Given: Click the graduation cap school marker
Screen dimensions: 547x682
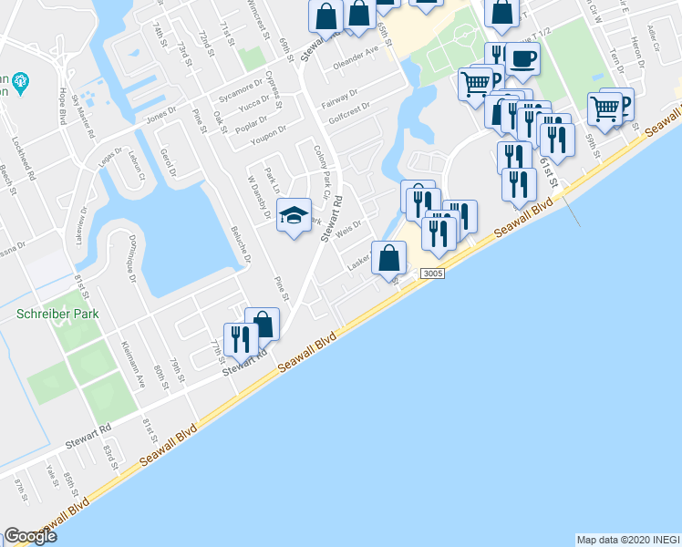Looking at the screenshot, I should [x=294, y=215].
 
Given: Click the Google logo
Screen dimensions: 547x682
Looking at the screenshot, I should [x=30, y=536].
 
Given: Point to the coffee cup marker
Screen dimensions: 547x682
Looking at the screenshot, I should [x=522, y=59].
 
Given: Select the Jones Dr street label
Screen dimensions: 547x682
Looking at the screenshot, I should [x=159, y=119].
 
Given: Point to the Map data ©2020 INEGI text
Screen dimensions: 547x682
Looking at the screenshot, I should [x=627, y=539].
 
